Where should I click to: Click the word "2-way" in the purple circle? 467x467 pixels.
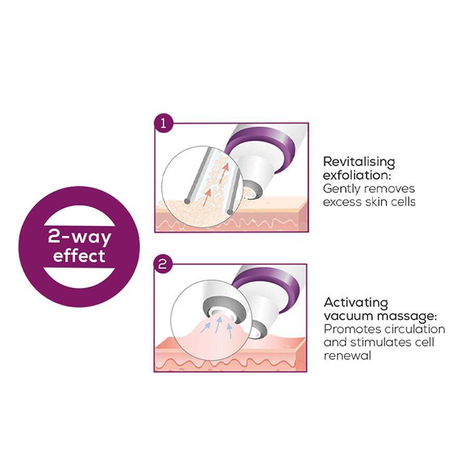(x=79, y=237)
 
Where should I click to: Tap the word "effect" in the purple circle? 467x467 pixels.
(x=79, y=256)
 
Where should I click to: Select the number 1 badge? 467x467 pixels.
(x=162, y=125)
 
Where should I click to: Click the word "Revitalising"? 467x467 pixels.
(x=359, y=161)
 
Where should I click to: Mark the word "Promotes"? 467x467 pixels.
(x=348, y=329)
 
